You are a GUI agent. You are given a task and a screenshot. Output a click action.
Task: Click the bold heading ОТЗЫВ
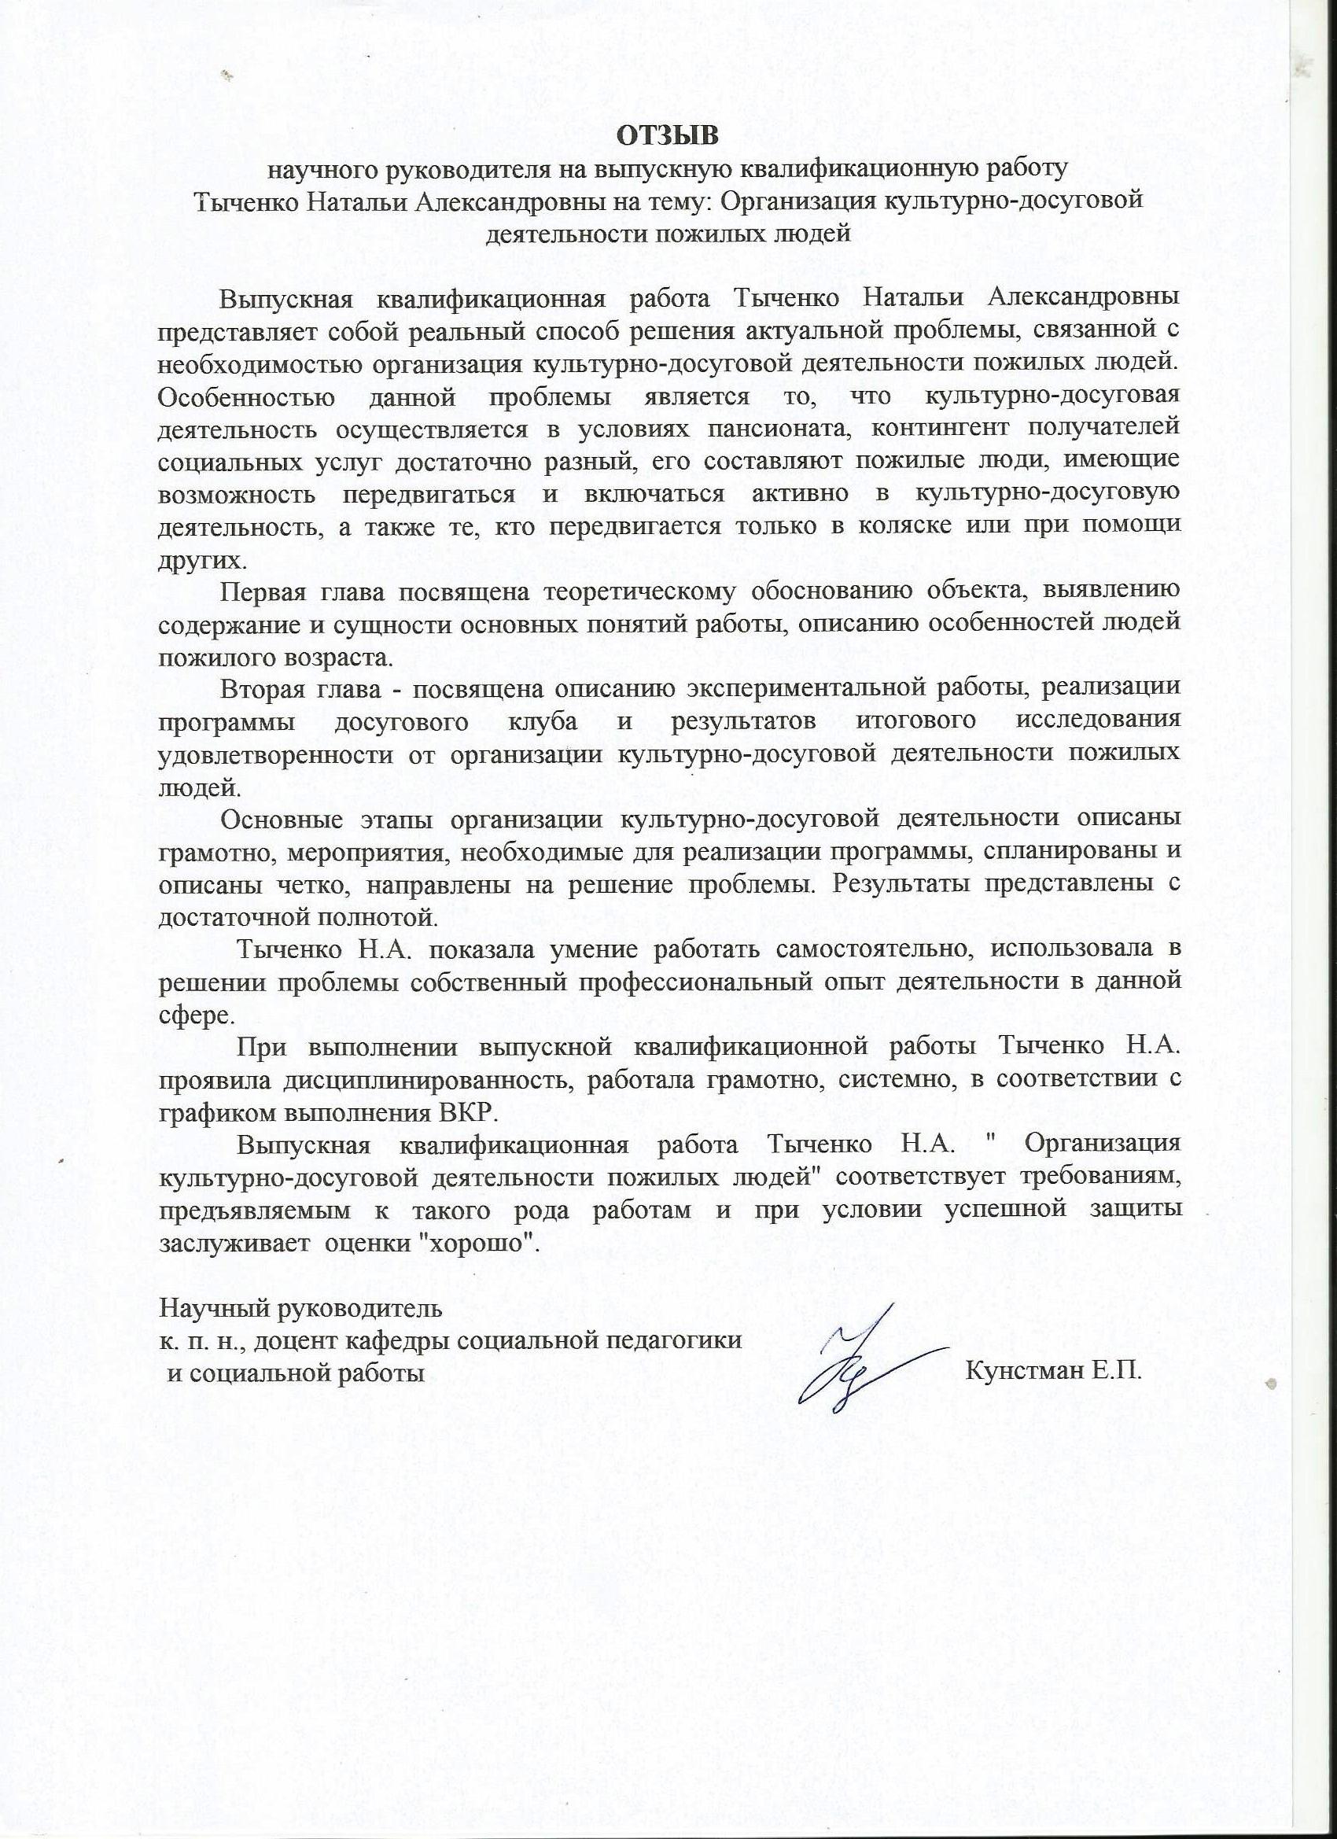pyautogui.click(x=667, y=135)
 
